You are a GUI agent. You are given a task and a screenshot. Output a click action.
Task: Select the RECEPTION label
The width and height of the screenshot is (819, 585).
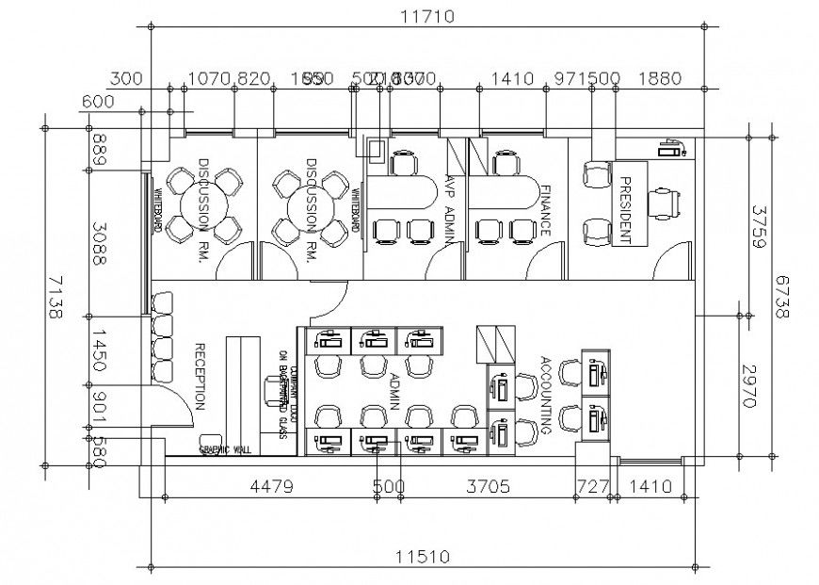(200, 375)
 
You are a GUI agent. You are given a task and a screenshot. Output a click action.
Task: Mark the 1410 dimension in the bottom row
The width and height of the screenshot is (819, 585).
(649, 487)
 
